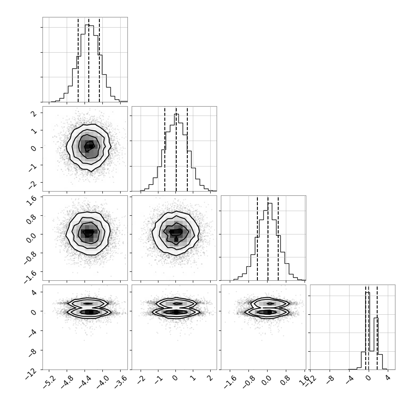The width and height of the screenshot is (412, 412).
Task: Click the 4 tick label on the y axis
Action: point(34,292)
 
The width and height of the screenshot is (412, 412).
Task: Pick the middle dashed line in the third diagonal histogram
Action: point(268,239)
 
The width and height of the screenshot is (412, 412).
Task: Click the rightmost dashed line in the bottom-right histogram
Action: point(377,327)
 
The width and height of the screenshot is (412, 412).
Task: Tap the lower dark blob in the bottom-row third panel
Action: point(268,312)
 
